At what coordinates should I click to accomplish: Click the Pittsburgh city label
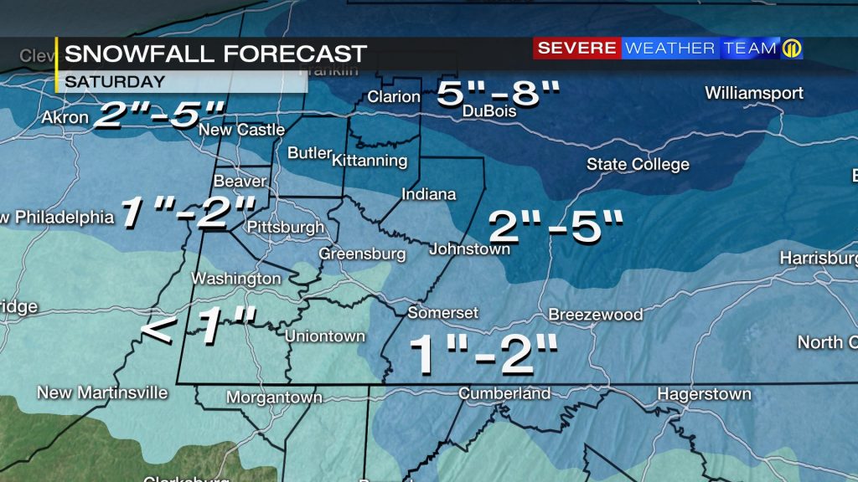point(286,227)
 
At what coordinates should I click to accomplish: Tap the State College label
point(638,164)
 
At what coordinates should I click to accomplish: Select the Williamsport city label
point(754,93)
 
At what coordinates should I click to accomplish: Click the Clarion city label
point(394,97)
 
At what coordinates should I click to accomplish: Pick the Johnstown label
point(469,249)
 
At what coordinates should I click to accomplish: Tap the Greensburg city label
point(362,254)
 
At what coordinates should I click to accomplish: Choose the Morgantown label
point(274,397)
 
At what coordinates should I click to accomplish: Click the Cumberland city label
point(504,393)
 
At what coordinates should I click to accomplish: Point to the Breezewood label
point(596,315)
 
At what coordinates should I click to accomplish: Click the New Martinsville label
point(103,392)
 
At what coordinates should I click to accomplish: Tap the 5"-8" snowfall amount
point(498,93)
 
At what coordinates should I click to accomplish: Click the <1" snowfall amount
point(198,326)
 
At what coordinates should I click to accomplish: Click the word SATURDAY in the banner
point(115,82)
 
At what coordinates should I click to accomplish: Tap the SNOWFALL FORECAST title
point(215,54)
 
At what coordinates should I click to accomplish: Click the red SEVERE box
point(576,49)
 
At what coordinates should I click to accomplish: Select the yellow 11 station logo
point(792,49)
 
